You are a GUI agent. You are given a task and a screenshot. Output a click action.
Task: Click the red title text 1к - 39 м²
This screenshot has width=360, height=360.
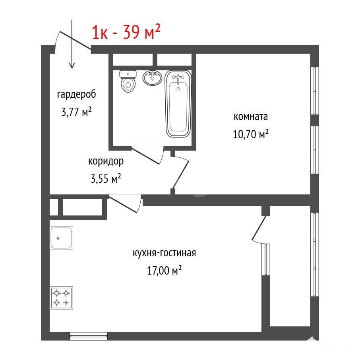tap(126, 32)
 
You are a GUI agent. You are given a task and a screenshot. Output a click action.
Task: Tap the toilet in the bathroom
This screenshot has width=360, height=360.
tap(128, 81)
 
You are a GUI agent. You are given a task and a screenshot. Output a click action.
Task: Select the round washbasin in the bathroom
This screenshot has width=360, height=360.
tap(152, 77)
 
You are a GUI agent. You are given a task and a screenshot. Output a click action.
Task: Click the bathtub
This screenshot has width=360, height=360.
tap(178, 104)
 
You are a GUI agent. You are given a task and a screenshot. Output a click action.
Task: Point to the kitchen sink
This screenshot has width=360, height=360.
tap(61, 238)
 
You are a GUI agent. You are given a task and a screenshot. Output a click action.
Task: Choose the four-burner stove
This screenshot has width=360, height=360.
tap(61, 298)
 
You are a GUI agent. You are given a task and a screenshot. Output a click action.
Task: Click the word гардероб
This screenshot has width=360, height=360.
tap(76, 95)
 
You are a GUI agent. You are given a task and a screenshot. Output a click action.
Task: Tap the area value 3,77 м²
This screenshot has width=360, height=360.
tap(76, 112)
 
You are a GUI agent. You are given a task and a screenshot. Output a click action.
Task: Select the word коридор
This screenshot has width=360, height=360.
tap(106, 161)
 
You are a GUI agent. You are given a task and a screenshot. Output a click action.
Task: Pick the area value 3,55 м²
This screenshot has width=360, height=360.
tap(106, 179)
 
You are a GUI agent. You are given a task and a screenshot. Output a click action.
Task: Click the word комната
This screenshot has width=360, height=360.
tap(250, 117)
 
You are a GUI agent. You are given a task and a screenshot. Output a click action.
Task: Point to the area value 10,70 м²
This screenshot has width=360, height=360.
tap(251, 134)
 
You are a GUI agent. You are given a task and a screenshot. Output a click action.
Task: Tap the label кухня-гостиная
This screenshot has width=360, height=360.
tap(165, 253)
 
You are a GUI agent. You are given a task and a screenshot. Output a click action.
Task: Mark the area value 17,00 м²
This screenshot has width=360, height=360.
tap(165, 270)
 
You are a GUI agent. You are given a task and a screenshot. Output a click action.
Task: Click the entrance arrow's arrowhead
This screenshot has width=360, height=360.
tap(72, 66)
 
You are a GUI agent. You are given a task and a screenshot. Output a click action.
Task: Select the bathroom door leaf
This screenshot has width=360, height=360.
tap(145, 155)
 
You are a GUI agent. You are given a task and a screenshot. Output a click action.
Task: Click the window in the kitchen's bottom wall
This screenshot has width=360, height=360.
tap(89, 336)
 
